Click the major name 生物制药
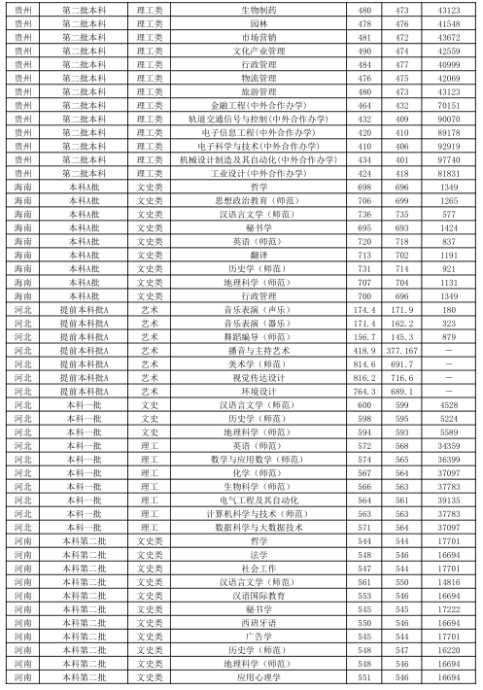(x=258, y=9)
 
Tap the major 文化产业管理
(x=258, y=50)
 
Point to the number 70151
(x=449, y=104)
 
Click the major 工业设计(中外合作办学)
(x=258, y=172)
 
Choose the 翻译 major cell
(x=258, y=254)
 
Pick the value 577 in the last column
(x=449, y=213)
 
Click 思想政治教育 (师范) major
(x=258, y=199)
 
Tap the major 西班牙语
(x=258, y=621)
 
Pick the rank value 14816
(x=449, y=580)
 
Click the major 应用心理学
(x=258, y=675)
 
